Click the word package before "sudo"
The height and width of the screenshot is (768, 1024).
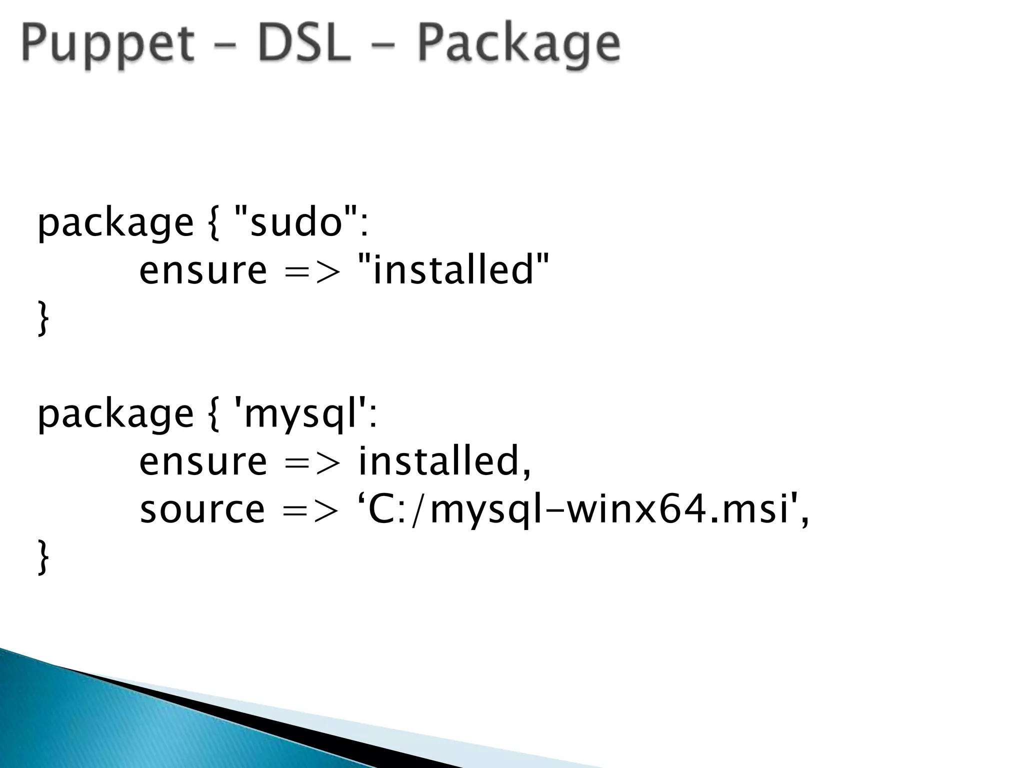tap(115, 223)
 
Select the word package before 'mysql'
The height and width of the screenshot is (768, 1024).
tap(115, 415)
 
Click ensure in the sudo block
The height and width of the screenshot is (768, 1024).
tap(203, 270)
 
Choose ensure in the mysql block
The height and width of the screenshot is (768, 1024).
tap(203, 461)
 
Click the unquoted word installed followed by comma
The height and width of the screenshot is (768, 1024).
tap(440, 461)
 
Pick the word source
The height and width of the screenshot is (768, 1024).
tap(202, 509)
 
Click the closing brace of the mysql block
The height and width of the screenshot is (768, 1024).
tap(43, 558)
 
